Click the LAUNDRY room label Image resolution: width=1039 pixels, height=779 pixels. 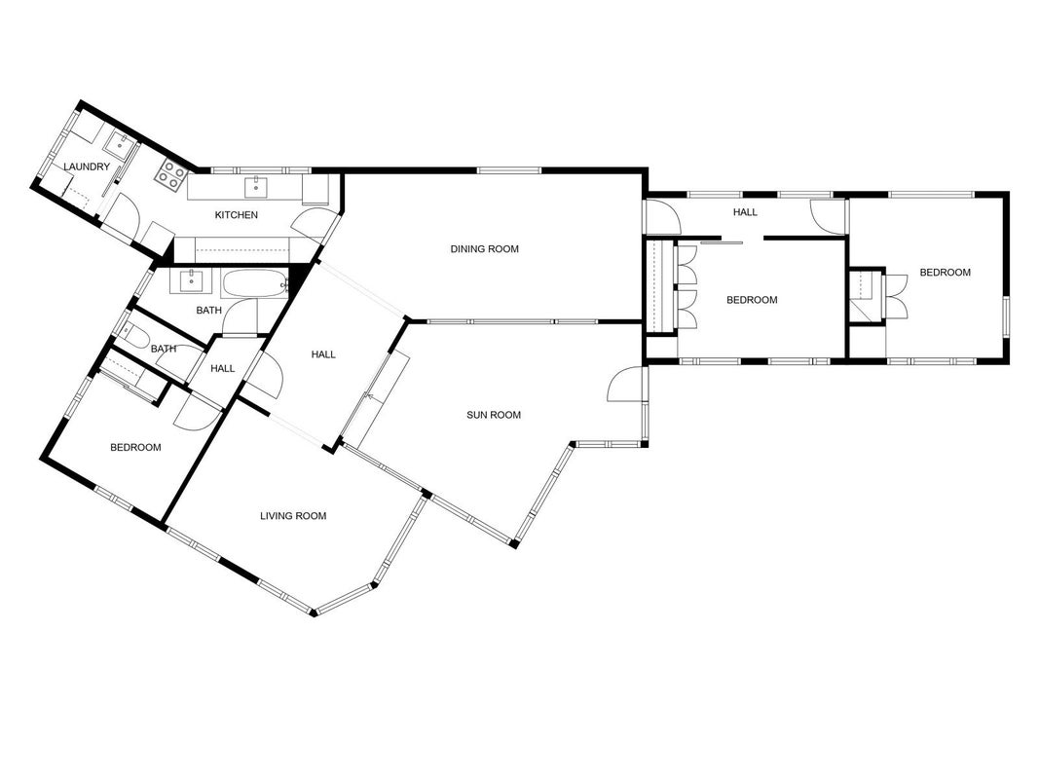[x=86, y=167]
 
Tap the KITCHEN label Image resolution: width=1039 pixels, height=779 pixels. [x=237, y=214]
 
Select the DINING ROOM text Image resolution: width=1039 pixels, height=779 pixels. [x=484, y=249]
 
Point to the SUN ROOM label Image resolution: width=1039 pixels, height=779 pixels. [x=494, y=416]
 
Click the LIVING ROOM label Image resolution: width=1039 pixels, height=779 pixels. [x=293, y=516]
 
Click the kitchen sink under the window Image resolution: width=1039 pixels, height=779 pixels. [x=256, y=187]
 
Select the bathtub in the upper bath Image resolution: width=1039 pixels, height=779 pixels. [x=255, y=283]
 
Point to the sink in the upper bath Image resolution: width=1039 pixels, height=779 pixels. [x=192, y=280]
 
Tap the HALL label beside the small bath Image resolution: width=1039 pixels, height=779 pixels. [x=223, y=369]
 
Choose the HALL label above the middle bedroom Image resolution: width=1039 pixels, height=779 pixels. [x=745, y=212]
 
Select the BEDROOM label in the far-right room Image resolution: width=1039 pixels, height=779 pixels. [x=945, y=273]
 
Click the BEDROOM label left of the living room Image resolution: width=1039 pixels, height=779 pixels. [x=135, y=448]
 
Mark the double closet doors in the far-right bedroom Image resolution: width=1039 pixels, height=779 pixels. [x=896, y=297]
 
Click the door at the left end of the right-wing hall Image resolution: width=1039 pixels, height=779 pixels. [x=662, y=216]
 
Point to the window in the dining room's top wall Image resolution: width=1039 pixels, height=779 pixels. [x=509, y=171]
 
